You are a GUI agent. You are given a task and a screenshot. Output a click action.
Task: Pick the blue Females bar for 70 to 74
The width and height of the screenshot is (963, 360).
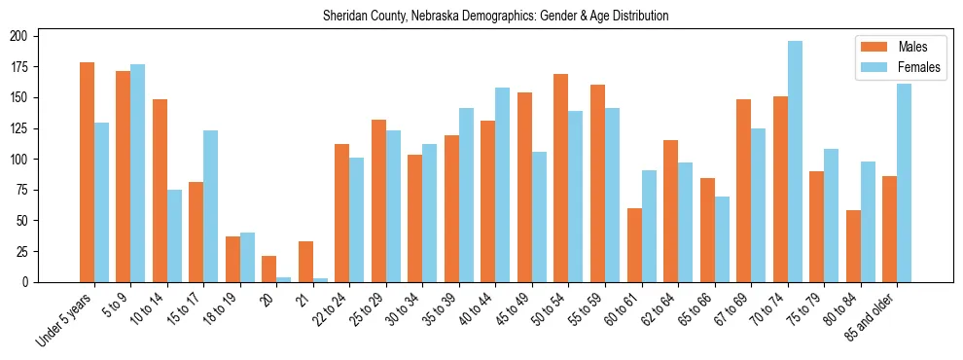(795, 162)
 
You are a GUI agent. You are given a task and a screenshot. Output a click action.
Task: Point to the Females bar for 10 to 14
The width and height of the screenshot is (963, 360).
(174, 235)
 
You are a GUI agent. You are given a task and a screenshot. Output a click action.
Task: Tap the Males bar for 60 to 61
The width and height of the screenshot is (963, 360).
(634, 245)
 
